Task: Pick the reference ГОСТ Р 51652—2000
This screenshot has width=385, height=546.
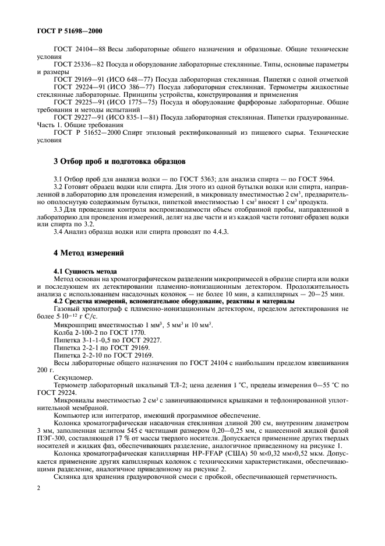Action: pos(84,133)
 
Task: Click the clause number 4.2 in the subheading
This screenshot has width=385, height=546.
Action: pos(59,300)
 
